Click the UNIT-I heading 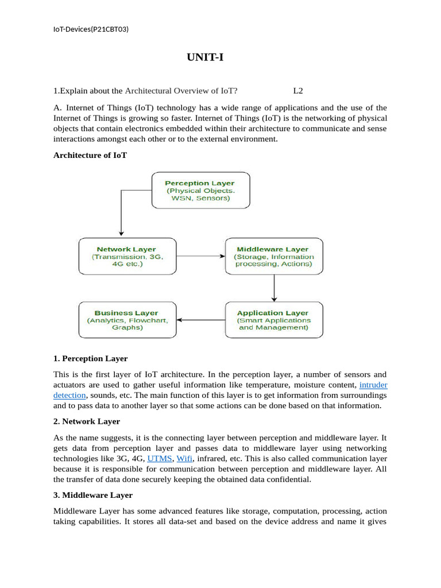204,57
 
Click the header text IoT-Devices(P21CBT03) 91,29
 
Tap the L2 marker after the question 297,90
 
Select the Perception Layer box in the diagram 200,190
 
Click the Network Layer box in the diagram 126,256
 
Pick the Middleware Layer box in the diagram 273,256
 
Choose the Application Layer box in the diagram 273,319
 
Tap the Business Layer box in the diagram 127,319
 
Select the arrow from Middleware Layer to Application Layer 274,288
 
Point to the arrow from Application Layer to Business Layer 200,319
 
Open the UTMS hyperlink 160,459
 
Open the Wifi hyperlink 184,459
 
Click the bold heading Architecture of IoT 90,155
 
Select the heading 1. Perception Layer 90,358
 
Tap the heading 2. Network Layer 87,421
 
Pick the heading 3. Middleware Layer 92,495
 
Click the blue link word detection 69,396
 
